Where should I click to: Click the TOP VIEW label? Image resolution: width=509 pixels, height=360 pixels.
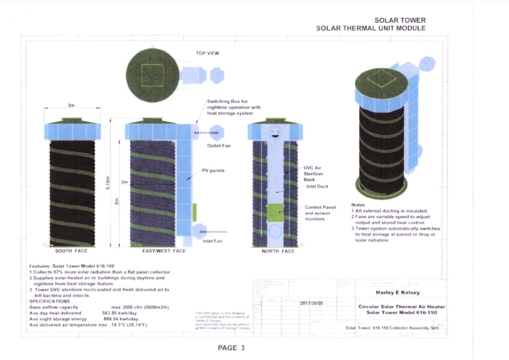[x=207, y=53]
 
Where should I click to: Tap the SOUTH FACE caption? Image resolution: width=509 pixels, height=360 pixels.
[x=71, y=251]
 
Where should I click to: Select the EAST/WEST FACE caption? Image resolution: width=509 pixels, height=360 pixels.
[x=164, y=251]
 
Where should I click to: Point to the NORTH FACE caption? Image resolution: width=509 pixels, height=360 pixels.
[x=278, y=251]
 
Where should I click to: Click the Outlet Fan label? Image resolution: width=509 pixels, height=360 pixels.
[x=219, y=146]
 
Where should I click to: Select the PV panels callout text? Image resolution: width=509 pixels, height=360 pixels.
[x=213, y=171]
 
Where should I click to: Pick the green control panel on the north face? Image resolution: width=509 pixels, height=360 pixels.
[x=275, y=212]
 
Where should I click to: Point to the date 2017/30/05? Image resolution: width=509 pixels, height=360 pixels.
[x=312, y=303]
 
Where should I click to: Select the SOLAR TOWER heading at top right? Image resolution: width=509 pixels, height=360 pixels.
[x=400, y=20]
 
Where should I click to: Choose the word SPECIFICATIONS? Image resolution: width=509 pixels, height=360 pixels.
[x=49, y=301]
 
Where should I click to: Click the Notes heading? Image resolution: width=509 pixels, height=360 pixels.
[x=358, y=205]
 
